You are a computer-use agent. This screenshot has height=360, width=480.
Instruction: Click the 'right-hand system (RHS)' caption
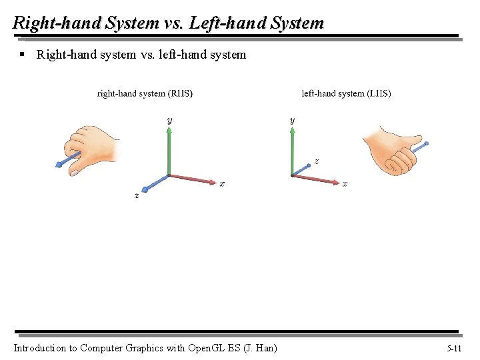click(145, 93)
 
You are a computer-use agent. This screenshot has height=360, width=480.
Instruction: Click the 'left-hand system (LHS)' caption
click(346, 93)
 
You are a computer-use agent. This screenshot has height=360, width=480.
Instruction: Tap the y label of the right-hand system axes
click(169, 120)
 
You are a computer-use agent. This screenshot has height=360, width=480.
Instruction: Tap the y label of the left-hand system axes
click(292, 120)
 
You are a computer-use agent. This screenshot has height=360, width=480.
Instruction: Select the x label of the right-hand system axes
click(222, 184)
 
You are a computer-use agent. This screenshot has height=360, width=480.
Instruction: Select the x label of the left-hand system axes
click(345, 184)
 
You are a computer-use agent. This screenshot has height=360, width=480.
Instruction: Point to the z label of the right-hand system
click(137, 195)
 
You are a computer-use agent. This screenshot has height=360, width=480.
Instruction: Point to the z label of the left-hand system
click(316, 161)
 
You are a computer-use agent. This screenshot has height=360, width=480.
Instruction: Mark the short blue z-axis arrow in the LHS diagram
click(301, 170)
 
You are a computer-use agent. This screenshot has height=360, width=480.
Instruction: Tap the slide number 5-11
click(454, 348)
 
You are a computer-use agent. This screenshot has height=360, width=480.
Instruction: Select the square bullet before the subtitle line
click(22, 54)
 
